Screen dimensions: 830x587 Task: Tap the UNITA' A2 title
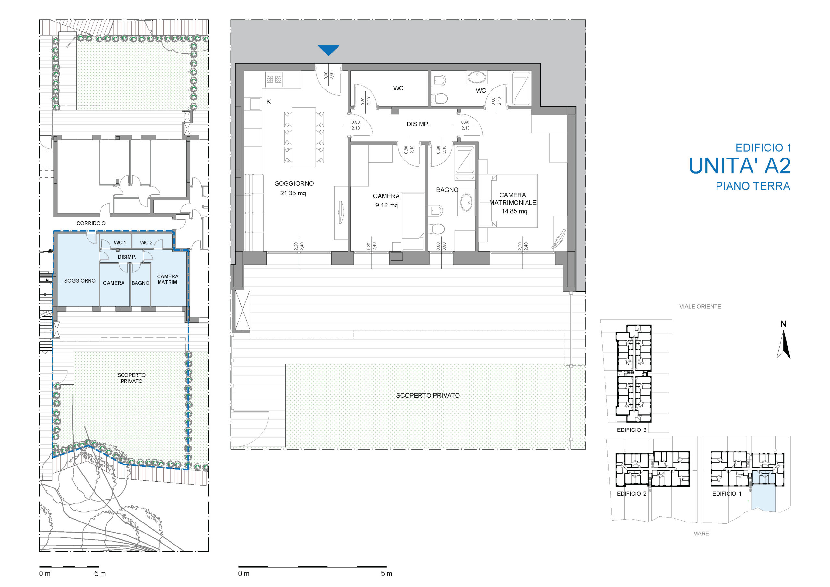[x=740, y=166]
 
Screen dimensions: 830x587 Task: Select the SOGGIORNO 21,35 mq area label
[x=294, y=188]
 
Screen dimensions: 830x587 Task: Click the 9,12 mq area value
[x=386, y=205]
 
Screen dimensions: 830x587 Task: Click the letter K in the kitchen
[x=268, y=102]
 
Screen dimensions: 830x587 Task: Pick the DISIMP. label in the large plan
[x=418, y=124]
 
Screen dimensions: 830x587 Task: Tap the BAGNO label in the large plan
[x=447, y=190]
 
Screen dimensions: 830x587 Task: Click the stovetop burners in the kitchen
[x=274, y=79]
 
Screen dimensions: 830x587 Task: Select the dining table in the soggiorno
[x=304, y=137]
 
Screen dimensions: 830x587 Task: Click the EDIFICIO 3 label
[x=632, y=430]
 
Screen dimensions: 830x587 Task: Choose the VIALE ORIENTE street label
[x=700, y=307]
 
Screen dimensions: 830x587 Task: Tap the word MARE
[x=701, y=534]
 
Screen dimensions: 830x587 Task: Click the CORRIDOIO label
[x=91, y=223]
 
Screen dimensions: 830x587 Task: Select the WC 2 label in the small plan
[x=147, y=242]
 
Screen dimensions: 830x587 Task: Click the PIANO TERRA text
[x=753, y=186]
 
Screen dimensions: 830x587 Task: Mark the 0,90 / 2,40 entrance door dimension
[x=329, y=76]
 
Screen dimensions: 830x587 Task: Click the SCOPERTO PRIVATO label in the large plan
[x=428, y=395]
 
